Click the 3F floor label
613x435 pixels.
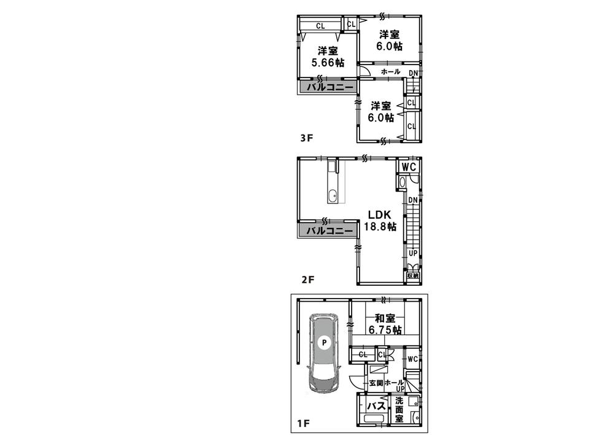point(306,138)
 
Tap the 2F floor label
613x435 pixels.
point(307,280)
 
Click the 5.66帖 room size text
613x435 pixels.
point(327,63)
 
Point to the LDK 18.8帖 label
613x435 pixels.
point(382,221)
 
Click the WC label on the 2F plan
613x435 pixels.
point(409,167)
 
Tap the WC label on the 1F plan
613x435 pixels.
point(412,359)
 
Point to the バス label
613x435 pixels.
point(375,406)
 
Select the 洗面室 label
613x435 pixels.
point(399,410)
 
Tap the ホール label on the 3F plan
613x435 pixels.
point(390,72)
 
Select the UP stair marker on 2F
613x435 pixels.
point(413,253)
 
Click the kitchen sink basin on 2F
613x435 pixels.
point(332,197)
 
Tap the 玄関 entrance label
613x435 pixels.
point(376,383)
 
